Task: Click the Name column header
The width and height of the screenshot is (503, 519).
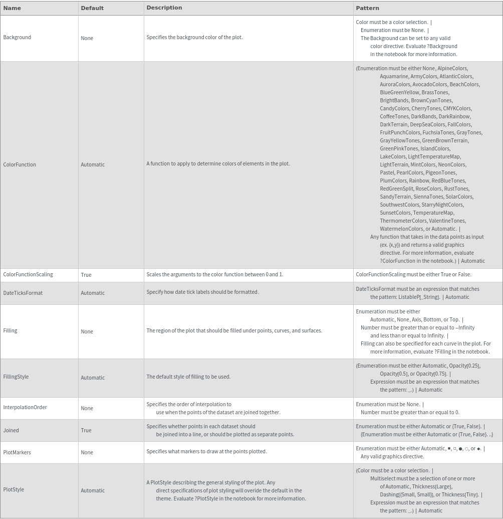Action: pyautogui.click(x=12, y=8)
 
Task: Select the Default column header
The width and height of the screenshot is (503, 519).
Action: pyautogui.click(x=92, y=8)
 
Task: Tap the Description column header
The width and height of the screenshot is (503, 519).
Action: pyautogui.click(x=164, y=8)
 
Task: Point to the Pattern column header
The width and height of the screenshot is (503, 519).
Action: pyautogui.click(x=367, y=8)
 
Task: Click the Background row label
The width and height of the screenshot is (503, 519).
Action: pyautogui.click(x=17, y=37)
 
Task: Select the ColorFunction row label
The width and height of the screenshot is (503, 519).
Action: pyautogui.click(x=20, y=164)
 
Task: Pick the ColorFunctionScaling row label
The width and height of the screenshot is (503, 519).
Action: pyautogui.click(x=28, y=274)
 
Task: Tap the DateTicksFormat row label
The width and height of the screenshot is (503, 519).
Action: pyautogui.click(x=23, y=293)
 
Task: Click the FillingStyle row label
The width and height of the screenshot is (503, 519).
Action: pyautogui.click(x=16, y=377)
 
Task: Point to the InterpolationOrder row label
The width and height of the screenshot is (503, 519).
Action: pyautogui.click(x=25, y=407)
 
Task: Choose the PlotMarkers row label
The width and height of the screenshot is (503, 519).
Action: pyautogui.click(x=17, y=452)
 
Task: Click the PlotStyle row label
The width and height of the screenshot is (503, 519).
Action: pyautogui.click(x=14, y=489)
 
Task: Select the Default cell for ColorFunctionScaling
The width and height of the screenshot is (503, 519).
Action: pyautogui.click(x=86, y=275)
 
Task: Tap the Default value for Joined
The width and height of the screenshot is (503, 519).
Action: pyautogui.click(x=86, y=430)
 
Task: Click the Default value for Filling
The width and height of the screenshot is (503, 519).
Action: pyautogui.click(x=87, y=331)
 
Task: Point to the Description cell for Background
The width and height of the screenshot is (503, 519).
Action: pyautogui.click(x=194, y=37)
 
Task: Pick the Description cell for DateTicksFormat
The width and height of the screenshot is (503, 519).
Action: pyautogui.click(x=202, y=292)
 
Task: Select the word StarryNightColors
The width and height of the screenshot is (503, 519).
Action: pyautogui.click(x=442, y=205)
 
